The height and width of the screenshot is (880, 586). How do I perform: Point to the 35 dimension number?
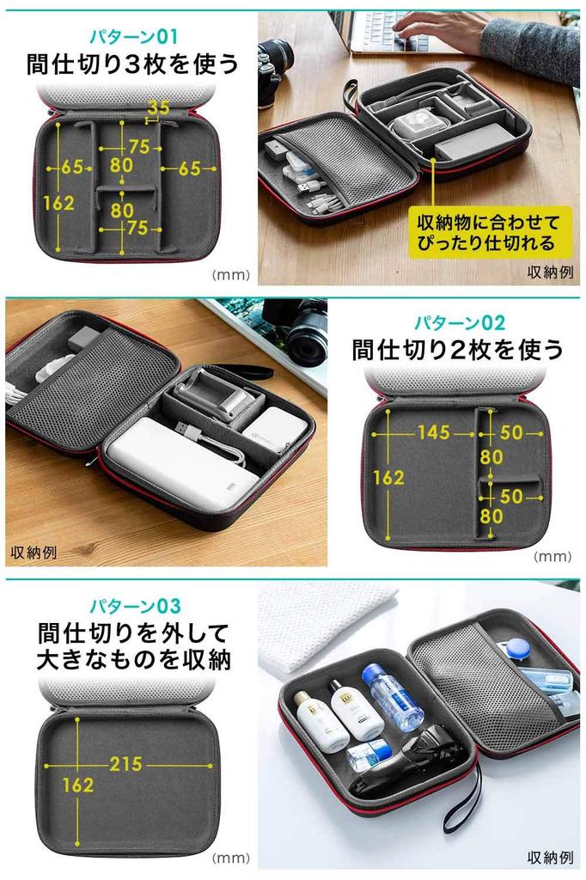click(x=158, y=107)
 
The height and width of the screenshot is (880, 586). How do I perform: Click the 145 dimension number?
click(x=433, y=432)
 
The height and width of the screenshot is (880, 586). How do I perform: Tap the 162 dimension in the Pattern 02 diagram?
click(x=388, y=478)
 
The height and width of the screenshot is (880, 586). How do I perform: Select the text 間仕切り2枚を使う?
click(x=458, y=350)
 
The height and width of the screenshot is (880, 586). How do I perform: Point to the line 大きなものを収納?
click(x=134, y=662)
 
